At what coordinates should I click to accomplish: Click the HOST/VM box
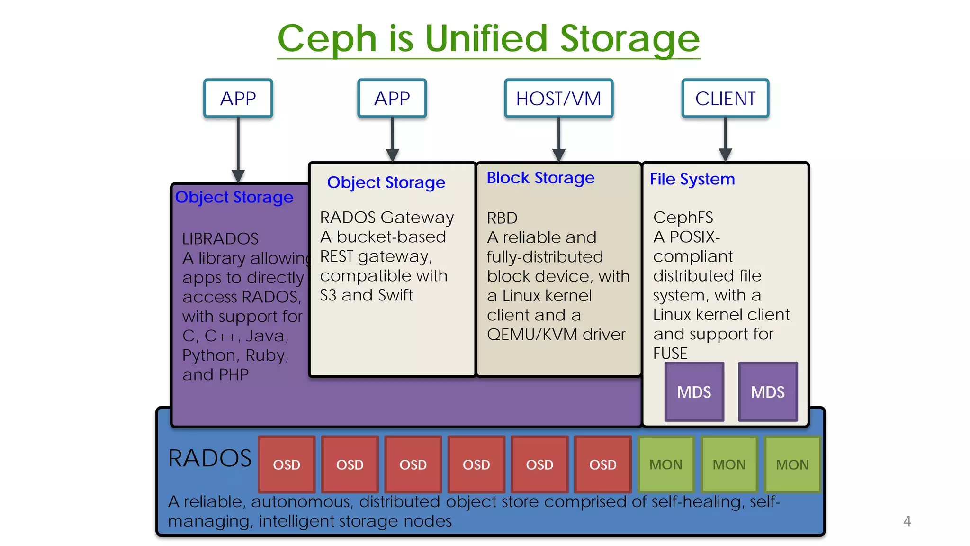(x=558, y=99)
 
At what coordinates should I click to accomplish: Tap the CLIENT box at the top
(x=725, y=99)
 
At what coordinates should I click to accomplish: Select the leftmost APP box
(x=238, y=99)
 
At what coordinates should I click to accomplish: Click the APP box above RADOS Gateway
(x=392, y=99)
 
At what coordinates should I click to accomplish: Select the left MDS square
(x=694, y=392)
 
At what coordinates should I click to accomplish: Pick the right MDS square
(x=768, y=392)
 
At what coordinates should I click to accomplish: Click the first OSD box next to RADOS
(x=287, y=464)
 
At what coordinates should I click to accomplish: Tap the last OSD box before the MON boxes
(x=602, y=464)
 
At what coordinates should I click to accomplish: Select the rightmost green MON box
(x=792, y=464)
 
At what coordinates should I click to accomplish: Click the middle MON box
(x=729, y=464)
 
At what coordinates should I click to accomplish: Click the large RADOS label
(x=210, y=458)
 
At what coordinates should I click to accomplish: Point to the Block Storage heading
(x=540, y=178)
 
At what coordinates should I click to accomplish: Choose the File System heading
(x=692, y=179)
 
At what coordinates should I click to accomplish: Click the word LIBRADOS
(x=220, y=238)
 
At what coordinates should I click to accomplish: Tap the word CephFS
(x=683, y=218)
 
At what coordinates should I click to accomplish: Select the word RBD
(x=502, y=218)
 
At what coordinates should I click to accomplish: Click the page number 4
(x=907, y=521)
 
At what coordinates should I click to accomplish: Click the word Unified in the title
(x=486, y=39)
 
